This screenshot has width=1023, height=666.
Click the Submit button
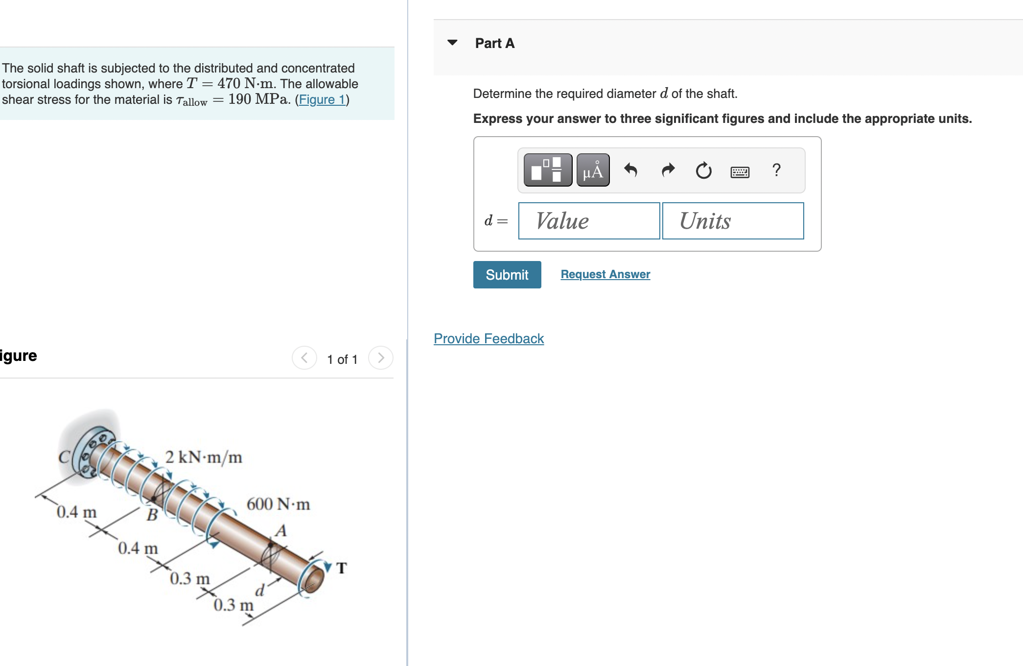pos(507,275)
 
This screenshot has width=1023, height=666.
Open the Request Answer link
pos(605,274)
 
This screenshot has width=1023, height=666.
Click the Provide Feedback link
pos(488,338)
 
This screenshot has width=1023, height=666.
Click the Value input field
pos(589,221)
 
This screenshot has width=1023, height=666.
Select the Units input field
pos(733,221)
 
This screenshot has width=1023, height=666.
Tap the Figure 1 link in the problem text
pos(322,99)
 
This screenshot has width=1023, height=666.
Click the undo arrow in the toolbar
pos(630,170)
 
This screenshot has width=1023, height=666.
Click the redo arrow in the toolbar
pos(668,170)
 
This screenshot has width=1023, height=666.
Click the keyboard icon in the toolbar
pos(739,172)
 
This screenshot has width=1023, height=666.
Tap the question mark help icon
pos(776,170)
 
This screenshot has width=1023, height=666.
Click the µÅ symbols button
pos(593,170)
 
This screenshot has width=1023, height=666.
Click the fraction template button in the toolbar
pos(548,170)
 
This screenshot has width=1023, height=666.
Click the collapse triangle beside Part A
pos(452,43)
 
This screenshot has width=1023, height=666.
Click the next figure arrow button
pos(381,358)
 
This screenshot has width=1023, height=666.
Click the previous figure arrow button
pos(304,358)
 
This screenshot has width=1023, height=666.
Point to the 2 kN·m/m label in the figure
pos(204,457)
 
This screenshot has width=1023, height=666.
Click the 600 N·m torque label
pos(278,504)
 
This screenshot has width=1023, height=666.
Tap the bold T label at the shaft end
pos(342,568)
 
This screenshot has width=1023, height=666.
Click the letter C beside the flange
pos(64,457)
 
